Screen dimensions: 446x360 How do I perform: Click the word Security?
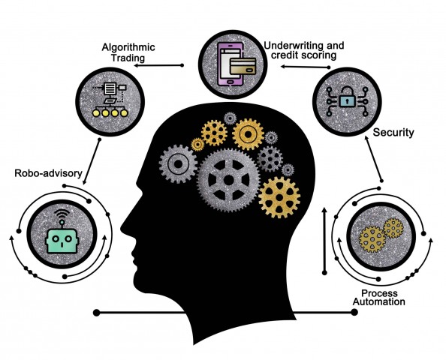point(393,133)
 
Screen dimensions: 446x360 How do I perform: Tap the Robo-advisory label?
point(48,173)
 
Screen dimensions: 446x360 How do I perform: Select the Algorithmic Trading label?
point(128,52)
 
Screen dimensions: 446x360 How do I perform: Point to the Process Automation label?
point(379,298)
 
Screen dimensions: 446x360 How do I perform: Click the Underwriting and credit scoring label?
point(304,50)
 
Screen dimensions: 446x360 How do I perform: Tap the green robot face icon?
point(62,241)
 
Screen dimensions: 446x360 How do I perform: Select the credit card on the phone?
point(243,66)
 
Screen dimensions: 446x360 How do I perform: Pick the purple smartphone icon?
point(231,64)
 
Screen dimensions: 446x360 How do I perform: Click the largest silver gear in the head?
point(228,180)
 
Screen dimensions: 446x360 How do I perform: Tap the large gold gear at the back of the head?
point(279,197)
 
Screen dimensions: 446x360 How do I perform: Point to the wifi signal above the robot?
point(62,214)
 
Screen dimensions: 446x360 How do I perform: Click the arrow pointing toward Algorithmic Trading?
point(158,65)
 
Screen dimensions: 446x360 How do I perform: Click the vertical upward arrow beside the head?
point(324,241)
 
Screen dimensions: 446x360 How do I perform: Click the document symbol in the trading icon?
point(110,88)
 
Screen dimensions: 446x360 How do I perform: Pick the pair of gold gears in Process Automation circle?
point(381,235)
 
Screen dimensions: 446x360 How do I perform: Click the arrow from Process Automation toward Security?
point(373,158)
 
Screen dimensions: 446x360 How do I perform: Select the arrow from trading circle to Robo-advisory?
point(92,162)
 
